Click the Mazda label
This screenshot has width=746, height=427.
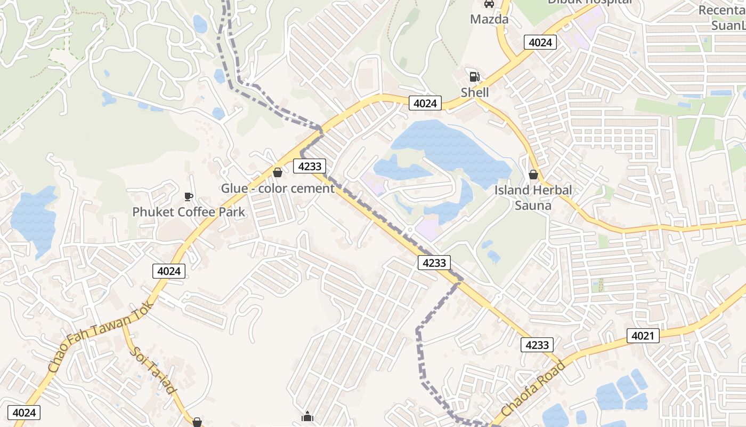[x=489, y=20]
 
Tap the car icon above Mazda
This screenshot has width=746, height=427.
[x=489, y=4]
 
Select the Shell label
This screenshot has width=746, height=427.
[x=475, y=92]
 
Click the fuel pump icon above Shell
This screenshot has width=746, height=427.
[x=474, y=77]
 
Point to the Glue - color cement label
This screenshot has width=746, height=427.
[x=278, y=188]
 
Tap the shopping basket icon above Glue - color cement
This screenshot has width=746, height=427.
[x=277, y=172]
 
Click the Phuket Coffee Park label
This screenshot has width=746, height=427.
[x=189, y=212]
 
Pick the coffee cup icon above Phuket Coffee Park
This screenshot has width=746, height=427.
[x=188, y=196]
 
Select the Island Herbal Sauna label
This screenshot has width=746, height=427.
[x=533, y=197]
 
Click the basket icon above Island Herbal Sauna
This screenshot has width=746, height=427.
[x=533, y=175]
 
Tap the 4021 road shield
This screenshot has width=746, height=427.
[x=643, y=336]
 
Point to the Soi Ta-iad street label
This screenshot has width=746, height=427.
[x=153, y=370]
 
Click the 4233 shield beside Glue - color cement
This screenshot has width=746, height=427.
[x=309, y=166]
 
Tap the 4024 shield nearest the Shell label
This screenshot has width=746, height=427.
[x=425, y=104]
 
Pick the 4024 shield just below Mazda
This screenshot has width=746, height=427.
[x=540, y=43]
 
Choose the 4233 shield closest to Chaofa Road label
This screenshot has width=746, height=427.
[x=537, y=345]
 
